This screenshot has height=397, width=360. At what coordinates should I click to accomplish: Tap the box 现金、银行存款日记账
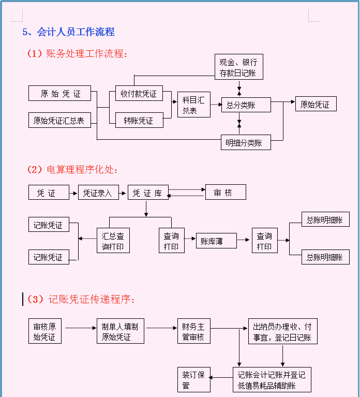(x=238, y=67)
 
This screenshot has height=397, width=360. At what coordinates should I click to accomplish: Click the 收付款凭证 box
(x=139, y=94)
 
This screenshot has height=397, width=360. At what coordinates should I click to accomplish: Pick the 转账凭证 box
(x=139, y=121)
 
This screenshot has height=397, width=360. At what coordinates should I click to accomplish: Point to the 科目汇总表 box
(x=193, y=105)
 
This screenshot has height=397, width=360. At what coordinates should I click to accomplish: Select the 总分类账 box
(x=246, y=105)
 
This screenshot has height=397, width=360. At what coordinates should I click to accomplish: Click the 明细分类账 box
(x=246, y=142)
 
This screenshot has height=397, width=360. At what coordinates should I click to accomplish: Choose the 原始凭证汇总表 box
(x=59, y=121)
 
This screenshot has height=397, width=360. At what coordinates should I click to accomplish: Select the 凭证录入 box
(x=98, y=193)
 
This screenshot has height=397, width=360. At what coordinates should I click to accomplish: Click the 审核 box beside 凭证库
(x=226, y=193)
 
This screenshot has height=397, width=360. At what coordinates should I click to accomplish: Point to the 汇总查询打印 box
(x=113, y=241)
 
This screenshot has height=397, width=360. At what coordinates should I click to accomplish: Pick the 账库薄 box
(x=216, y=241)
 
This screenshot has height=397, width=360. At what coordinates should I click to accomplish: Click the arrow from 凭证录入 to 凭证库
(x=123, y=193)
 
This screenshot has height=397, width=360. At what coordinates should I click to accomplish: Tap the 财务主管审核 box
(x=193, y=331)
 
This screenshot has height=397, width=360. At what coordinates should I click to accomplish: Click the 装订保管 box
(x=193, y=379)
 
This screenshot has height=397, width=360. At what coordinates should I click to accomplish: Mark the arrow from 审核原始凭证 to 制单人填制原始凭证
(x=81, y=328)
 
